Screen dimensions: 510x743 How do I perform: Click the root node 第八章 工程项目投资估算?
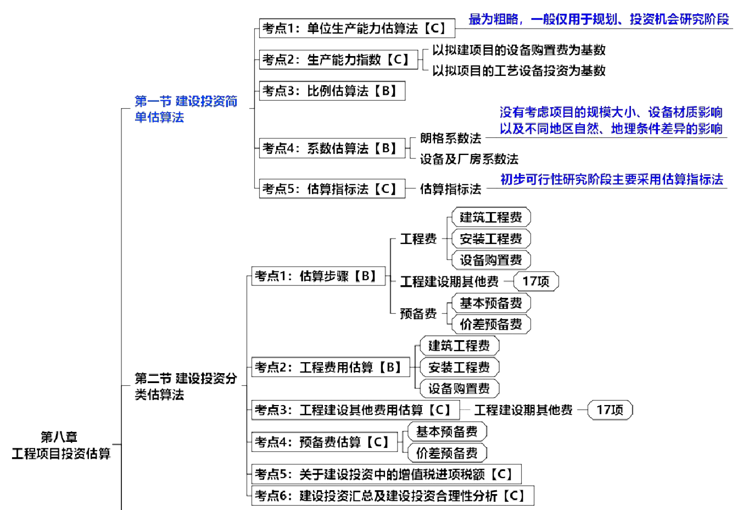tap(61, 445)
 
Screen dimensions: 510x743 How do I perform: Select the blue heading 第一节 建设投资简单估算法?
tap(186, 109)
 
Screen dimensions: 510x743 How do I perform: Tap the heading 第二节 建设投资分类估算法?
tap(186, 386)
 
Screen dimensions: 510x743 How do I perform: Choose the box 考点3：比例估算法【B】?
tap(332, 91)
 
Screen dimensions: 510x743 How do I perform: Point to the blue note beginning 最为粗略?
tap(599, 20)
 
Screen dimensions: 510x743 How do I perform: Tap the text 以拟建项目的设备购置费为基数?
tap(519, 50)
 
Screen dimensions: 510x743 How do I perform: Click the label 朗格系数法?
tap(450, 138)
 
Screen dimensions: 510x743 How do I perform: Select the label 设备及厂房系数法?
tap(469, 159)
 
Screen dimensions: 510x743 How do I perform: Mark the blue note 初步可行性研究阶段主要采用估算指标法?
tap(612, 179)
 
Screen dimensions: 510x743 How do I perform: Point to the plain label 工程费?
tap(418, 239)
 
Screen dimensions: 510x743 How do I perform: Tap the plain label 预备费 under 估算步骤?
tap(418, 314)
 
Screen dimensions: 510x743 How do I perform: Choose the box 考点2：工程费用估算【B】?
tap(331, 367)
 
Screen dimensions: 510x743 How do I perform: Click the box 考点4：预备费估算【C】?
tap(324, 442)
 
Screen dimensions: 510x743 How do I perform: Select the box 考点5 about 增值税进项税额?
tap(386, 474)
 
